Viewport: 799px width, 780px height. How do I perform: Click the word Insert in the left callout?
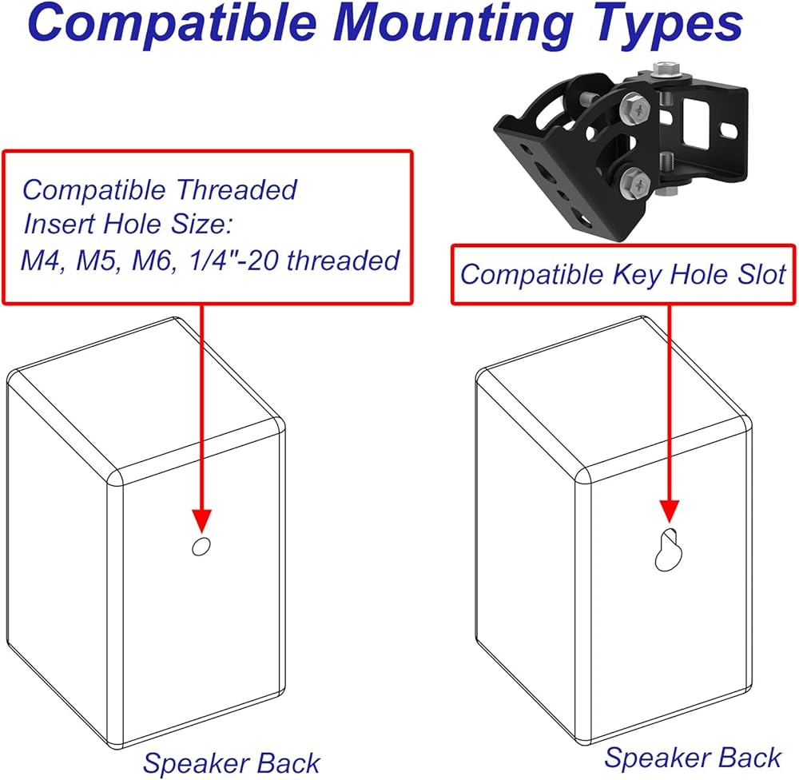pyautogui.click(x=58, y=224)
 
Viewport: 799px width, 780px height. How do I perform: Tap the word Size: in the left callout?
pyautogui.click(x=202, y=224)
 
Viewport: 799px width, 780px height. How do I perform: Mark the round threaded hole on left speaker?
pyautogui.click(x=201, y=546)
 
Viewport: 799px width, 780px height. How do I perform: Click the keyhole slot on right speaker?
pyautogui.click(x=668, y=550)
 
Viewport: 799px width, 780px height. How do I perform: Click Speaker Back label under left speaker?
pyautogui.click(x=232, y=763)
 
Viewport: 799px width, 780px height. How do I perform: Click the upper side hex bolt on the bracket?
pyautogui.click(x=635, y=109)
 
